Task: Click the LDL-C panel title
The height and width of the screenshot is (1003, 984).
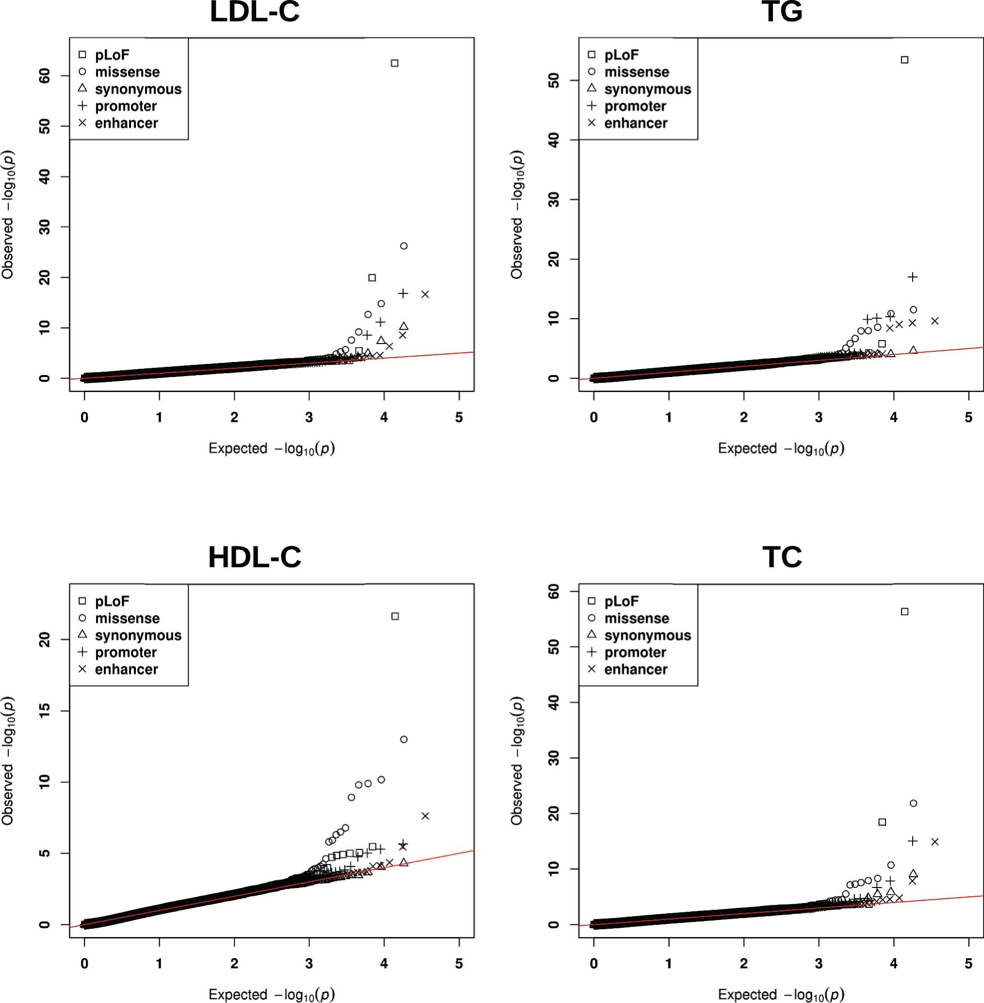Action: click(254, 13)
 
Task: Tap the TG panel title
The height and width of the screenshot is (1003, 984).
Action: click(782, 13)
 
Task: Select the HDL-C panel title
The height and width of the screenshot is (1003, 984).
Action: click(254, 558)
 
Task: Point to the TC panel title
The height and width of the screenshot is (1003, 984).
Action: click(782, 558)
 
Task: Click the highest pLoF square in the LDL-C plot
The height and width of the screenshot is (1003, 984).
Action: click(394, 63)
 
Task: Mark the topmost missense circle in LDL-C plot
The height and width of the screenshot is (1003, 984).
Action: click(404, 246)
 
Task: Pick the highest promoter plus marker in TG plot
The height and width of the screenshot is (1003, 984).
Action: click(913, 277)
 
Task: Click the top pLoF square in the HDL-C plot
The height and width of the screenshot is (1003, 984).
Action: click(395, 616)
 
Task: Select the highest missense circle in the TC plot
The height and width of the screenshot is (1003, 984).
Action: click(913, 803)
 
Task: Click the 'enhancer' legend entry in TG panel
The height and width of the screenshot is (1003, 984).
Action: click(635, 123)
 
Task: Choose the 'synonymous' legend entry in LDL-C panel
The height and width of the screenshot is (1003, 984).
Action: click(138, 89)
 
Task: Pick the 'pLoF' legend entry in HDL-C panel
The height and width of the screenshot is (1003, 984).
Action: click(112, 601)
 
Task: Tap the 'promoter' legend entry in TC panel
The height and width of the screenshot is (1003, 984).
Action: click(635, 652)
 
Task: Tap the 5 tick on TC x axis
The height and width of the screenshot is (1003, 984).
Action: click(968, 963)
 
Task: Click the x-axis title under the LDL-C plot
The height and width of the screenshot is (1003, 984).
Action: click(271, 448)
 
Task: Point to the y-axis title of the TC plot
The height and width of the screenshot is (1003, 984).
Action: click(517, 761)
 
